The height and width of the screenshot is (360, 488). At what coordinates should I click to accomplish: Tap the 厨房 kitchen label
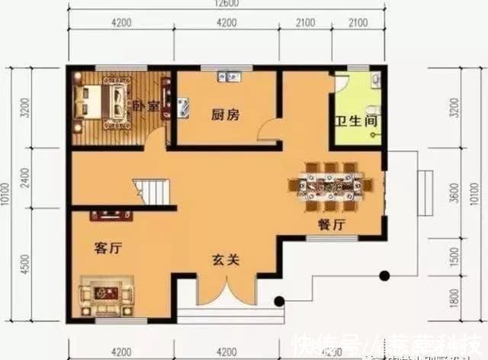click(x=226, y=115)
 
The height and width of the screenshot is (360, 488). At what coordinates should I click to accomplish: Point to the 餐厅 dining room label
click(x=332, y=225)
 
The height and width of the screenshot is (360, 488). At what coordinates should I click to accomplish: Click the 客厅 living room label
click(x=110, y=248)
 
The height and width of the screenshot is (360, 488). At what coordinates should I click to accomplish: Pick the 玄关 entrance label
click(x=226, y=260)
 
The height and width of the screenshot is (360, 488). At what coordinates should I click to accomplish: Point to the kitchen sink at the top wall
click(x=229, y=76)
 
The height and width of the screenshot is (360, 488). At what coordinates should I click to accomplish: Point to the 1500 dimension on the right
click(x=456, y=258)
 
